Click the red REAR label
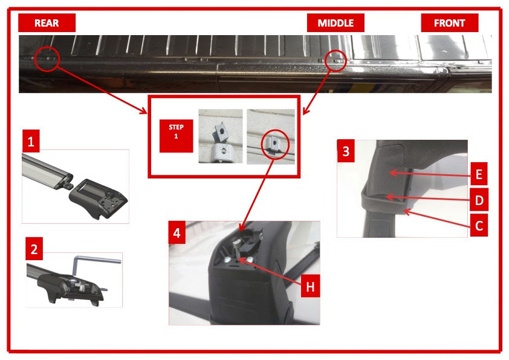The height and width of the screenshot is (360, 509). (x=47, y=23)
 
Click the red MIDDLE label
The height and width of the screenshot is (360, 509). (x=336, y=23)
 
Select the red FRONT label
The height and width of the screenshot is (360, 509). (x=449, y=23)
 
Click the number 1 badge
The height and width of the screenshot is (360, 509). (x=31, y=142)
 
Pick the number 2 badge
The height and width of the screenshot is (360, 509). (x=35, y=248)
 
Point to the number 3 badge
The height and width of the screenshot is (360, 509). (x=345, y=151)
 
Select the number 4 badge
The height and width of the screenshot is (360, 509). (x=177, y=232)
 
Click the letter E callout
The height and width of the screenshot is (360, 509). (x=478, y=175)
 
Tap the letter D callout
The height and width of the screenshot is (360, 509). (x=478, y=200)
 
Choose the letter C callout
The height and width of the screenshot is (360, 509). (x=478, y=226)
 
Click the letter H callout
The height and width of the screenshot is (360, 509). (x=310, y=286)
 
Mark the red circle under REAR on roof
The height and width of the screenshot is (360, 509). (x=47, y=59)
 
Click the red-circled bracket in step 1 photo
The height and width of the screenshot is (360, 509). (x=273, y=143)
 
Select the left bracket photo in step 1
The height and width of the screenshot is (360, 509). (x=221, y=136)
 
